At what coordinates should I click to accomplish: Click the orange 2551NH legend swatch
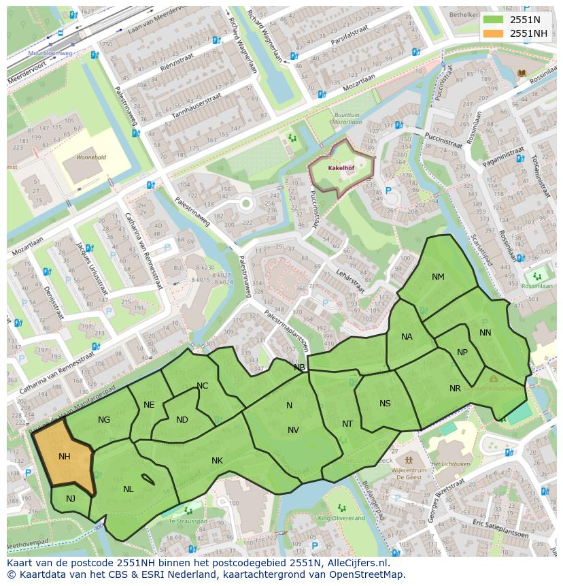(x=494, y=33)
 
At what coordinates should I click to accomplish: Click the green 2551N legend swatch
(x=494, y=20)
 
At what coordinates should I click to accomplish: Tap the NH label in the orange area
(x=65, y=457)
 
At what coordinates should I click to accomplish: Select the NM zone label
(x=438, y=277)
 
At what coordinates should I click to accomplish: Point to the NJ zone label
(x=71, y=499)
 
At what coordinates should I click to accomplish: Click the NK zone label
(x=217, y=461)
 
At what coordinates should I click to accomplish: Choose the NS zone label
(x=385, y=404)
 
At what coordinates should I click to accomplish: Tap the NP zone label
(x=462, y=353)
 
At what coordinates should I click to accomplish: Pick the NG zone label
(x=104, y=420)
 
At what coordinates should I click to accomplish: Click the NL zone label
(x=129, y=489)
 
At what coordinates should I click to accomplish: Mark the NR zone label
(x=455, y=389)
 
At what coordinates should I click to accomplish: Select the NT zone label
(x=347, y=424)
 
